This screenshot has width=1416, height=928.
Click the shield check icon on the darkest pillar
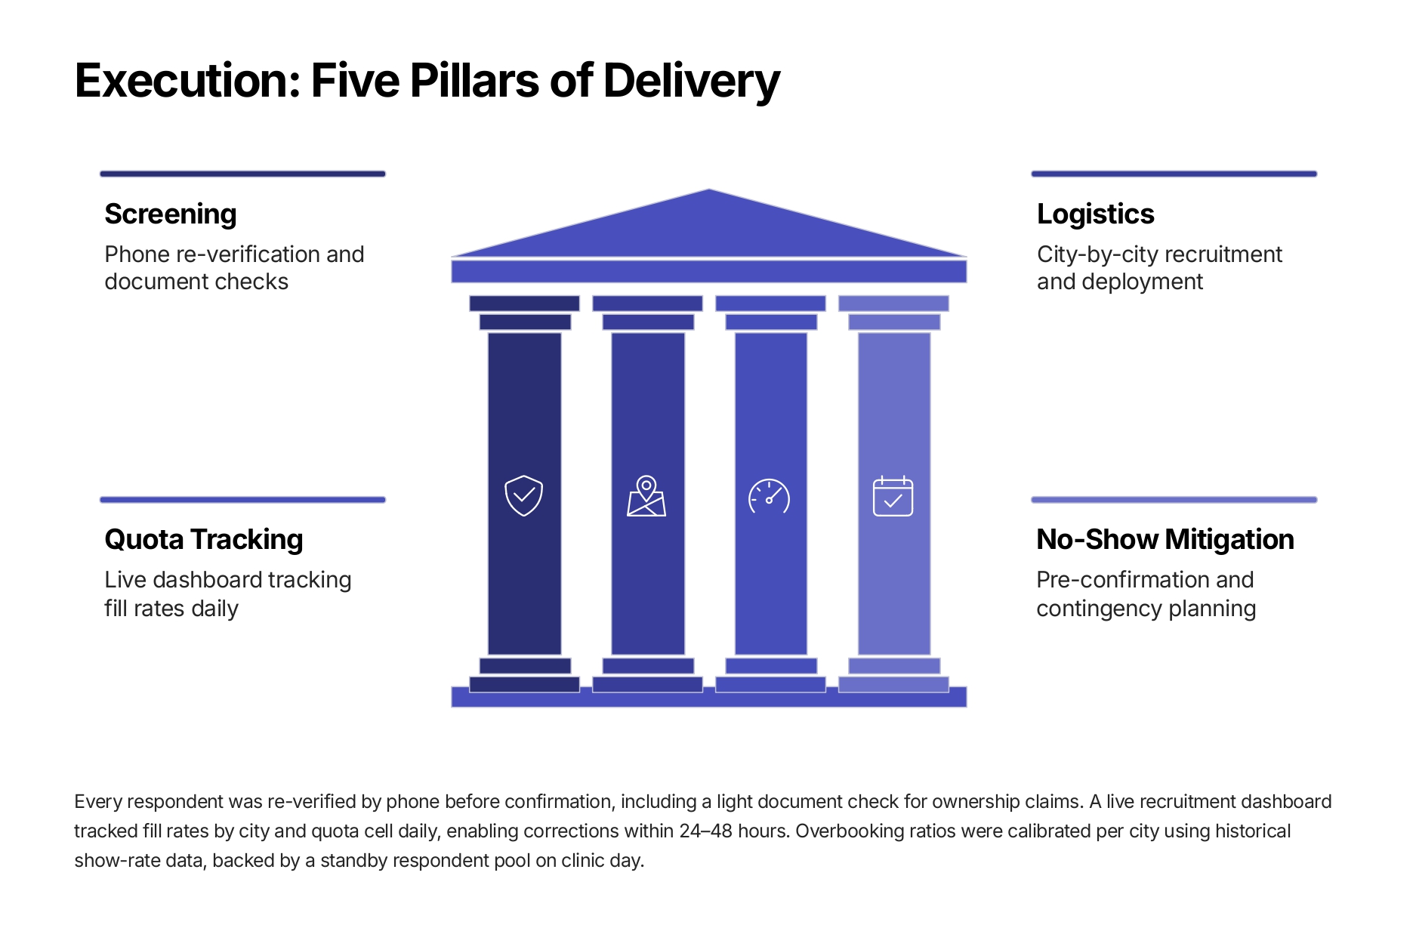click(x=523, y=495)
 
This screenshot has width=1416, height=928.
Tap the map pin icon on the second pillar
click(x=646, y=496)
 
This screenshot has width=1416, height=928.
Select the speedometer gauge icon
click(x=769, y=496)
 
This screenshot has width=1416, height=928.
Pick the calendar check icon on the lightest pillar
click(x=893, y=496)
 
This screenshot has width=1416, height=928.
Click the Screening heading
click(x=171, y=214)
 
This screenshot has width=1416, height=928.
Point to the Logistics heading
click(x=1095, y=214)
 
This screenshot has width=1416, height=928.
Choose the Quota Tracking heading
click(x=204, y=540)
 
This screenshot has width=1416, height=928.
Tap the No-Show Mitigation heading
click(x=1165, y=540)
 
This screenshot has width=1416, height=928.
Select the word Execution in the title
click(x=188, y=80)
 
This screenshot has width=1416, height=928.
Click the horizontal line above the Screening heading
click(x=242, y=174)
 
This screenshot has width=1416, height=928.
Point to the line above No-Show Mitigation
click(x=1174, y=500)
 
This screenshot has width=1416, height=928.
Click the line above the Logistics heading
click(x=1174, y=174)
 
